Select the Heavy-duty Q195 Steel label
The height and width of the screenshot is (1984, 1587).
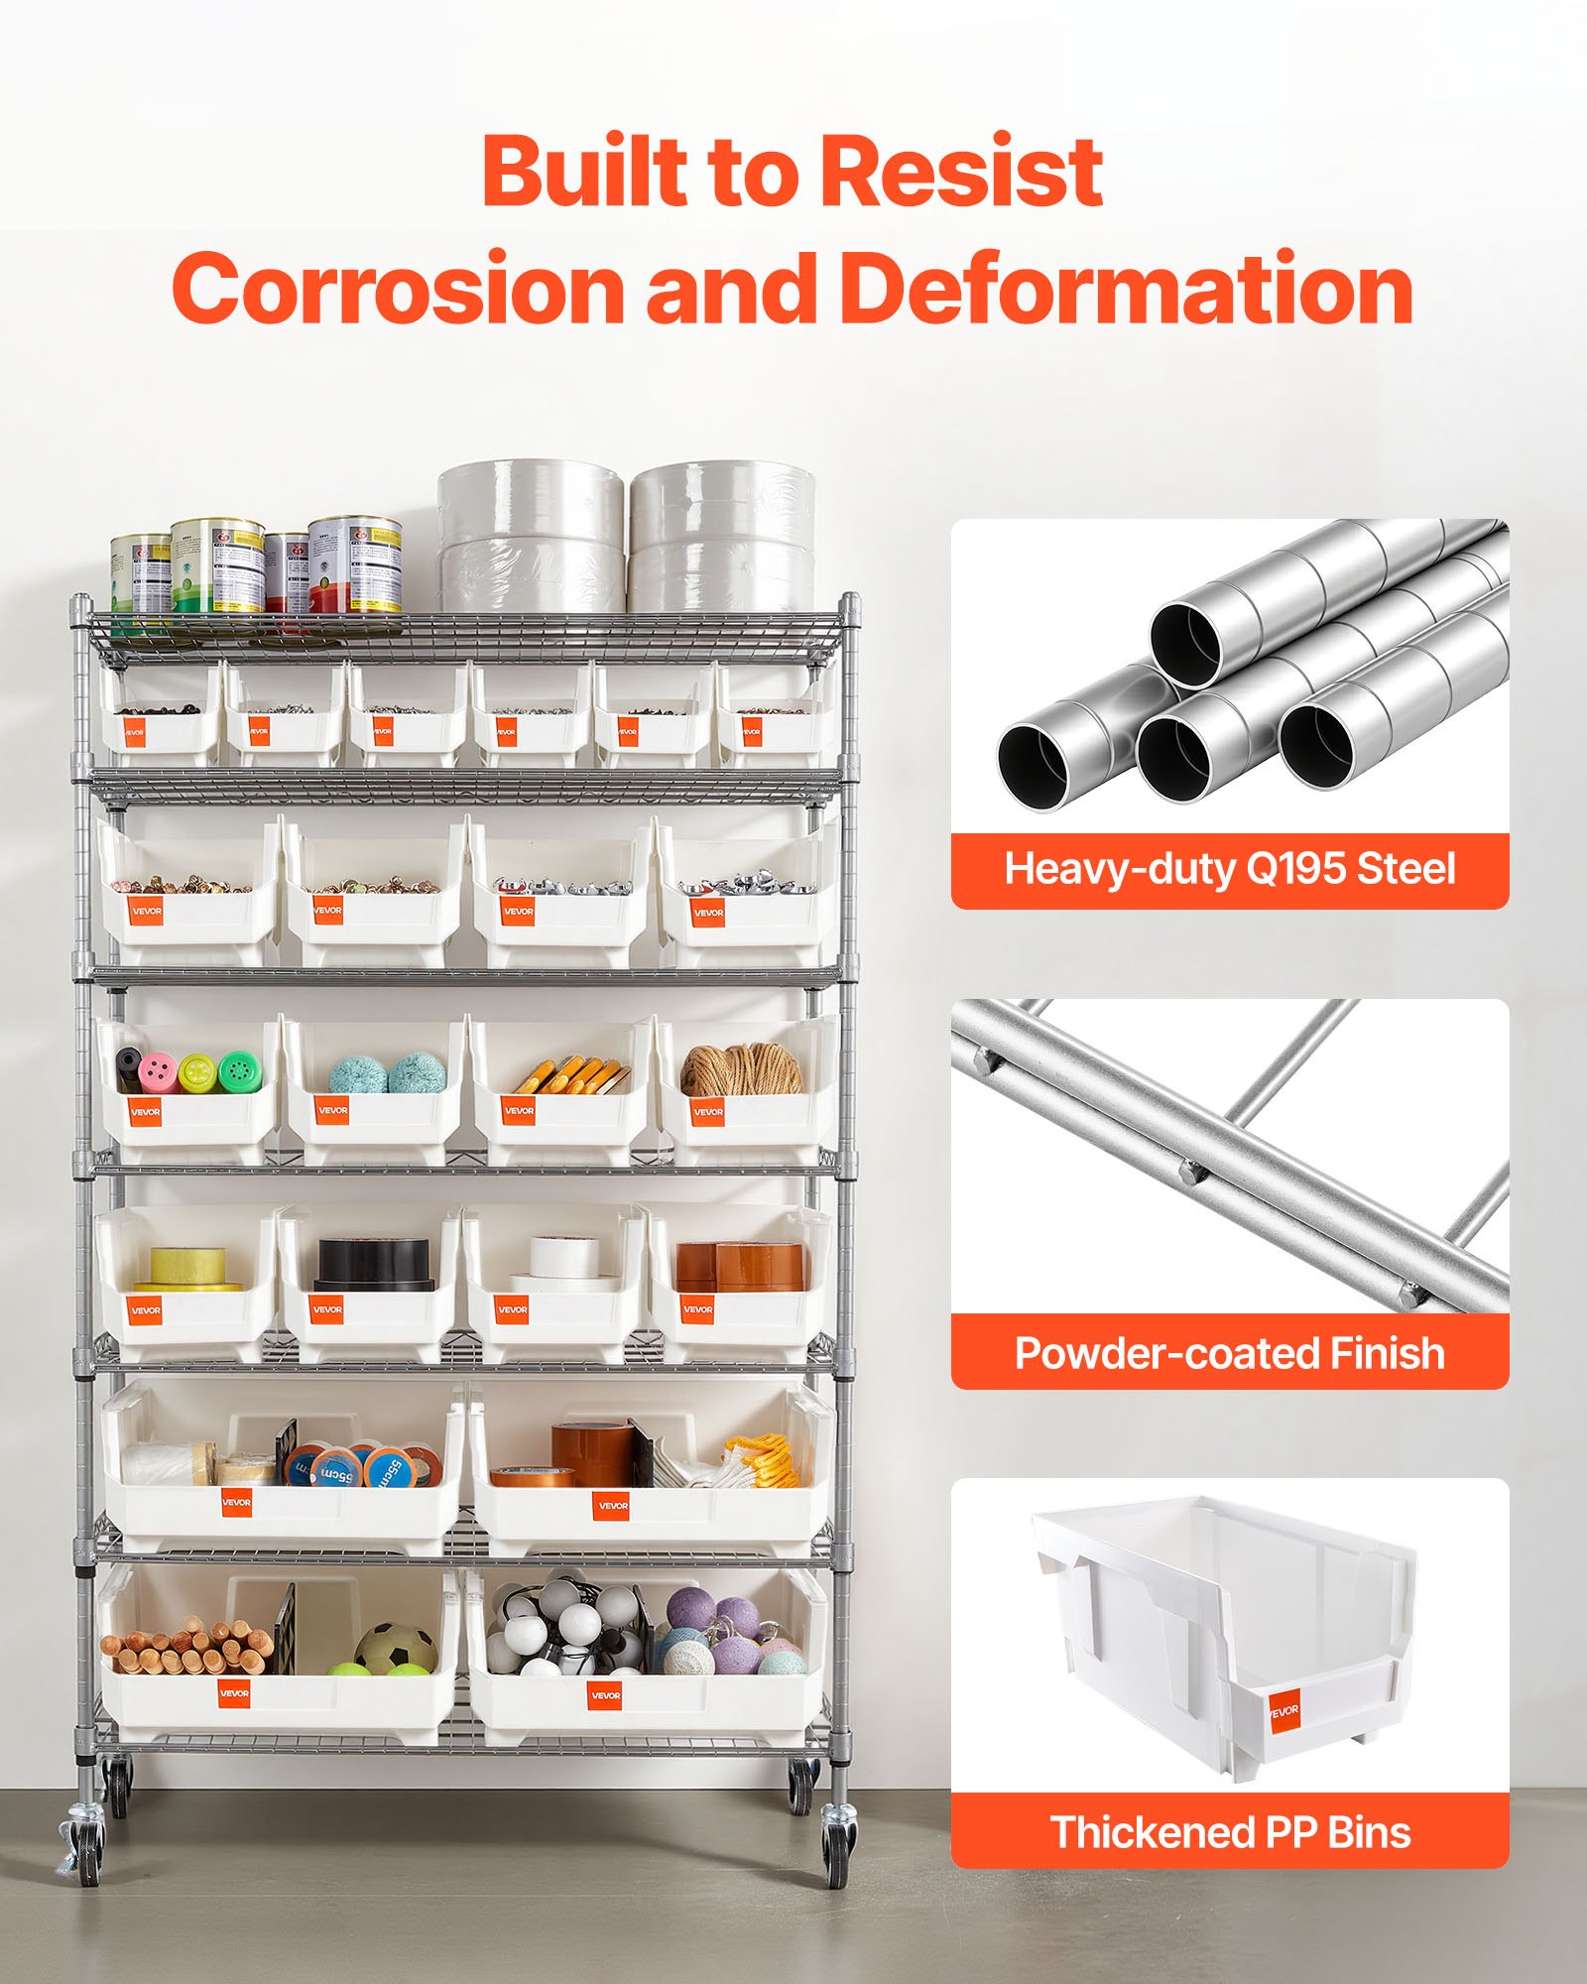click(1229, 870)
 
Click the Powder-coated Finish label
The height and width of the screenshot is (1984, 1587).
click(1229, 1353)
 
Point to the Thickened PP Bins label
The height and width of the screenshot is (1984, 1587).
click(1229, 1832)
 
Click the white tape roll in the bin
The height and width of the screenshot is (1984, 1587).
click(563, 1258)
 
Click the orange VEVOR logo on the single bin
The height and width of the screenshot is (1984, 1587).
click(1283, 1710)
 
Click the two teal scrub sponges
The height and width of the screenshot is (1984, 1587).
click(387, 1073)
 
